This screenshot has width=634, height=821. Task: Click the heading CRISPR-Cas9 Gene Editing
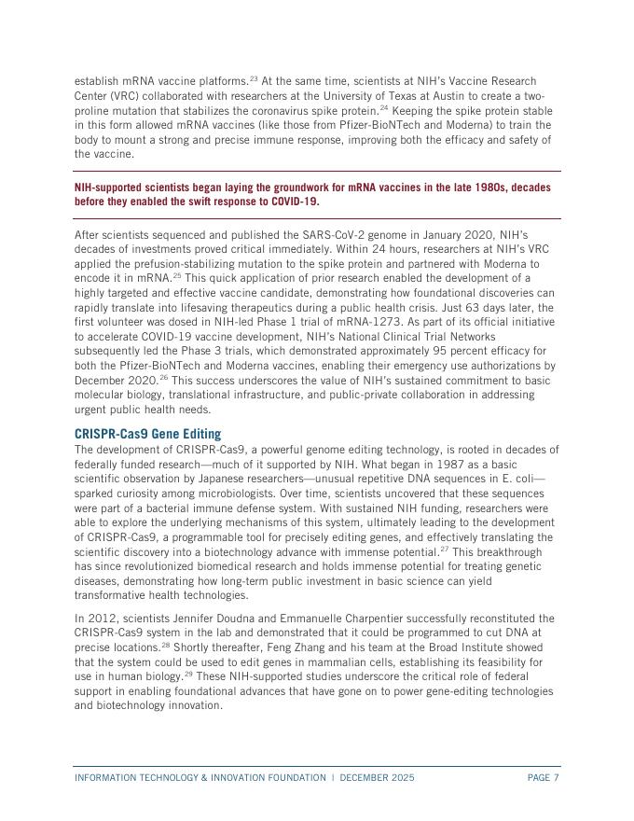147,434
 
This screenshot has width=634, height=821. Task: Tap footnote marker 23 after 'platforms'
254,78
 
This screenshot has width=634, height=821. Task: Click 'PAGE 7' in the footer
543,777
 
